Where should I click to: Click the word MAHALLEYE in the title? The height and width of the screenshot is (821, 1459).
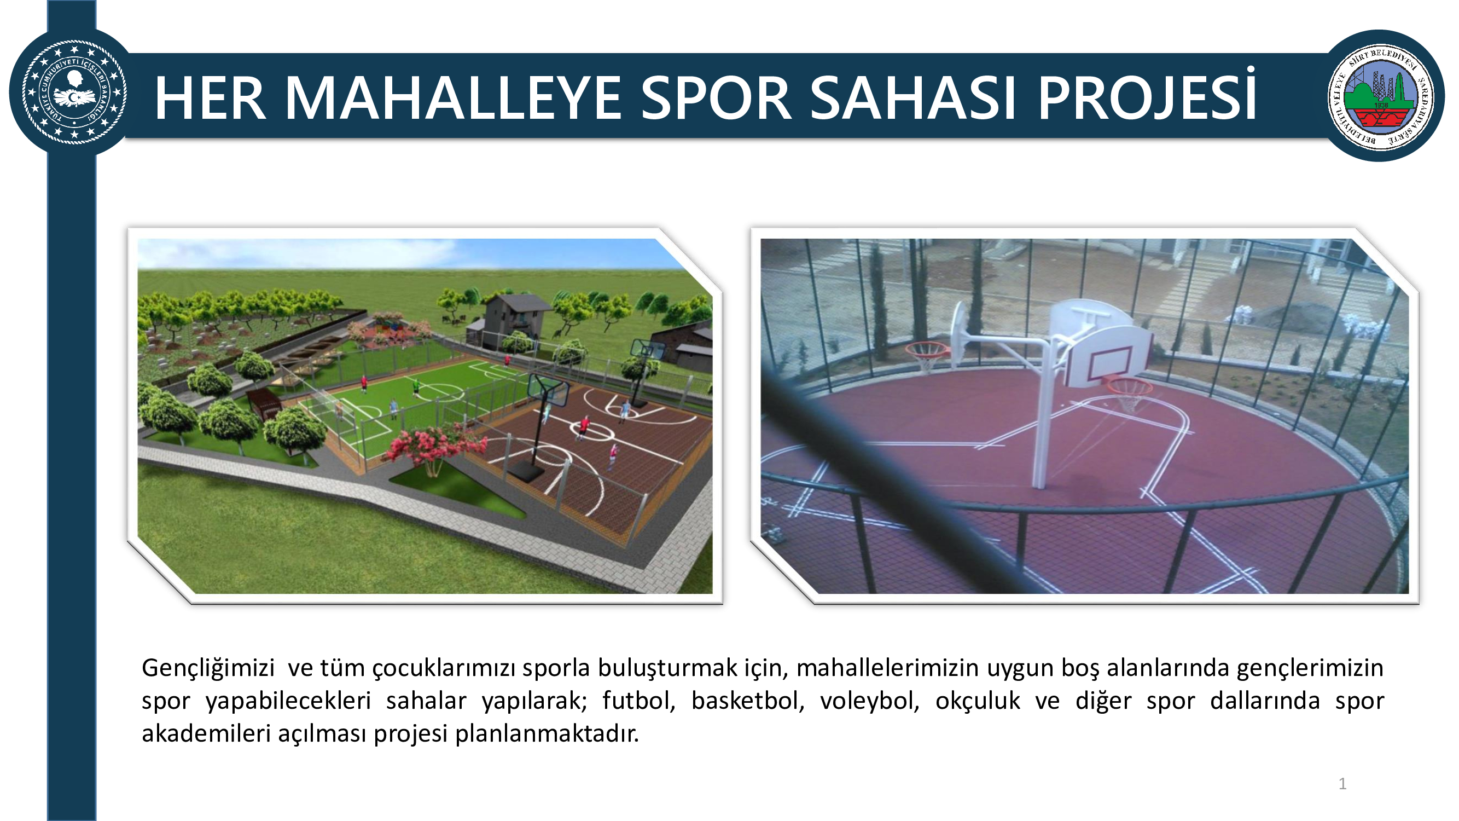click(453, 98)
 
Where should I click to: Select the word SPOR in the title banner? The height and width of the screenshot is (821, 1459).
click(716, 98)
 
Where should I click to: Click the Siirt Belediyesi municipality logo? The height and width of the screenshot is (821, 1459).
click(1381, 96)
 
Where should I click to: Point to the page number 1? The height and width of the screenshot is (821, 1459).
click(1342, 784)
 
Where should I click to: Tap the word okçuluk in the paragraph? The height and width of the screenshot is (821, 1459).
click(978, 701)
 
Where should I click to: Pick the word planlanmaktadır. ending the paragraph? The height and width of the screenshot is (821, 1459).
click(547, 733)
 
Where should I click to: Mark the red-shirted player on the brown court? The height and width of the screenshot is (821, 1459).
click(583, 427)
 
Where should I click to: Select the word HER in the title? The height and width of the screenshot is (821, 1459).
click(210, 98)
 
